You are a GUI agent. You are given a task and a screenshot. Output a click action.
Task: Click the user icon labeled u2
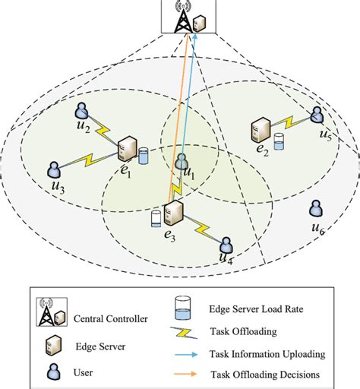(x=83, y=112)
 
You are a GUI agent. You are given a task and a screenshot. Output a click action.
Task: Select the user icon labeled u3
(x=55, y=169)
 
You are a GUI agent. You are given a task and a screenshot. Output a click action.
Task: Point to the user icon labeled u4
(x=226, y=245)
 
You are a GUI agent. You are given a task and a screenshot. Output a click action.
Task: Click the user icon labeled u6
(x=313, y=208)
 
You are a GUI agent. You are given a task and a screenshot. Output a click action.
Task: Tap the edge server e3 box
(x=174, y=213)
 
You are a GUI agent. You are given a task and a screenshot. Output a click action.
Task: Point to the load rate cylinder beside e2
(x=279, y=143)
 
